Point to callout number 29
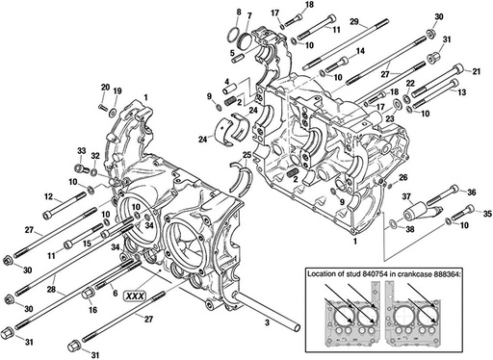pos(354,21)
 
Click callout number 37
pos(406,196)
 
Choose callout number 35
pos(486,213)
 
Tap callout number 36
pos(471,193)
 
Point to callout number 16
pos(92,311)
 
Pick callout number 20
pos(104,89)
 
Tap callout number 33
pos(82,151)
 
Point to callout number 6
pos(115,292)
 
